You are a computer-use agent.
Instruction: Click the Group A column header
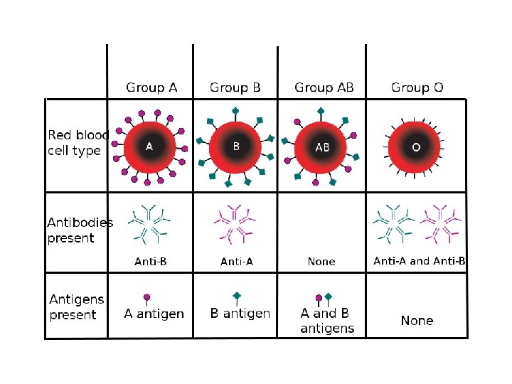click(x=151, y=88)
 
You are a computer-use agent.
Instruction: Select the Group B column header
click(x=235, y=88)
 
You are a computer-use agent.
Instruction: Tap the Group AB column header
click(x=324, y=88)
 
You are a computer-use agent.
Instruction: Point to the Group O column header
click(x=417, y=88)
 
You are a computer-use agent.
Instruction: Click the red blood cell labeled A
click(x=149, y=146)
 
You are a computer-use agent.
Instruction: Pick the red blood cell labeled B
click(x=236, y=146)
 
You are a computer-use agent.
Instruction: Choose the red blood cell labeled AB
click(x=322, y=146)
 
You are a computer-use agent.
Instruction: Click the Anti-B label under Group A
click(x=151, y=261)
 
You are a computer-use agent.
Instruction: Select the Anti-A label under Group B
click(x=237, y=261)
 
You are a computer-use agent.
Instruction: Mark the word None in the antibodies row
click(x=321, y=262)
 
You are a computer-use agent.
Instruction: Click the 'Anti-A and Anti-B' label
click(x=420, y=261)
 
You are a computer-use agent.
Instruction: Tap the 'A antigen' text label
click(x=154, y=314)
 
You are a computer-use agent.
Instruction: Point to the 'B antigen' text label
click(x=240, y=314)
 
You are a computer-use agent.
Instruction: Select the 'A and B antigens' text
click(x=327, y=321)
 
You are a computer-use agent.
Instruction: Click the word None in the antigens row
click(x=417, y=321)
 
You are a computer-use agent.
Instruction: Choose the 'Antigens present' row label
click(x=77, y=308)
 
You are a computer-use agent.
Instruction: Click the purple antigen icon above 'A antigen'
click(x=147, y=298)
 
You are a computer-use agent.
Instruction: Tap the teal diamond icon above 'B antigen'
click(x=237, y=296)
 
